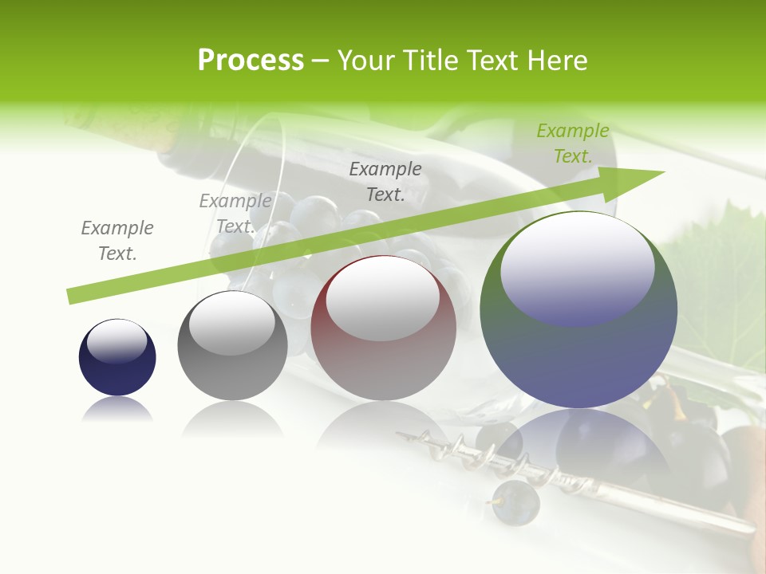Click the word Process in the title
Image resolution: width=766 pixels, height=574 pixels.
pyautogui.click(x=251, y=61)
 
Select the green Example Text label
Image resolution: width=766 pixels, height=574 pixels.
pyautogui.click(x=573, y=143)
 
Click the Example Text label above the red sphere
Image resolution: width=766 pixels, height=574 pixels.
pyautogui.click(x=385, y=181)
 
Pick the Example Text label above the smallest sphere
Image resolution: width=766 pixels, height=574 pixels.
pyautogui.click(x=117, y=240)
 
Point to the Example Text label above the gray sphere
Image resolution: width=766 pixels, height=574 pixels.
pyautogui.click(x=235, y=213)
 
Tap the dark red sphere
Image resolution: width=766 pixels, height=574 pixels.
pyautogui.click(x=384, y=351)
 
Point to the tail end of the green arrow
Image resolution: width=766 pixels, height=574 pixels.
pyautogui.click(x=73, y=296)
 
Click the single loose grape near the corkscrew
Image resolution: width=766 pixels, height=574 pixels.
pyautogui.click(x=515, y=503)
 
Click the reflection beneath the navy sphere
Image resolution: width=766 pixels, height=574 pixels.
pyautogui.click(x=117, y=411)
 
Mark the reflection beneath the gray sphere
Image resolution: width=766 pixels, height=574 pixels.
pyautogui.click(x=232, y=419)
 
